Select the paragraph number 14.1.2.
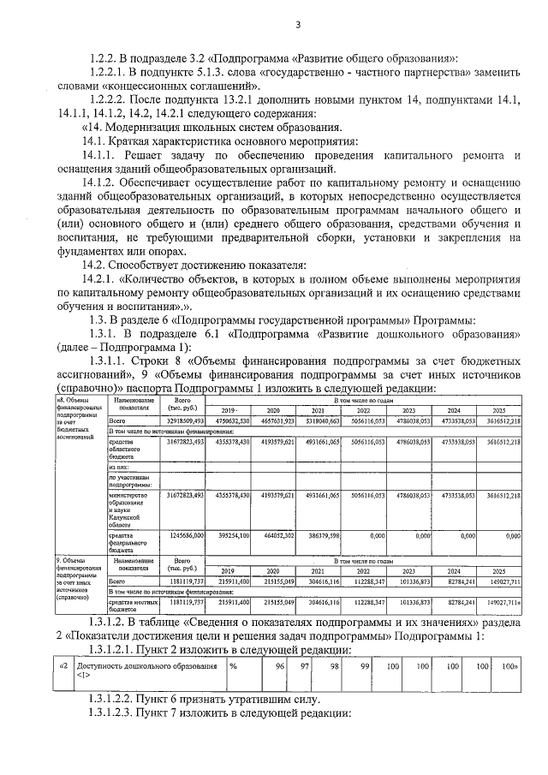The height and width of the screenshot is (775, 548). point(101,182)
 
